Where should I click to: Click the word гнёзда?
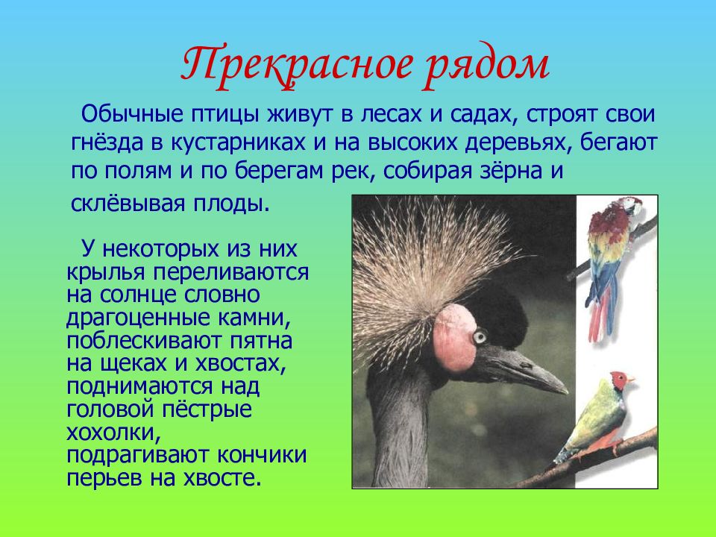click(x=107, y=142)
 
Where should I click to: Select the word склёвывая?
click(x=127, y=204)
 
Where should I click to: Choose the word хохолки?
click(x=113, y=432)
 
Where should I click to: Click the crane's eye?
click(x=480, y=337)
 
